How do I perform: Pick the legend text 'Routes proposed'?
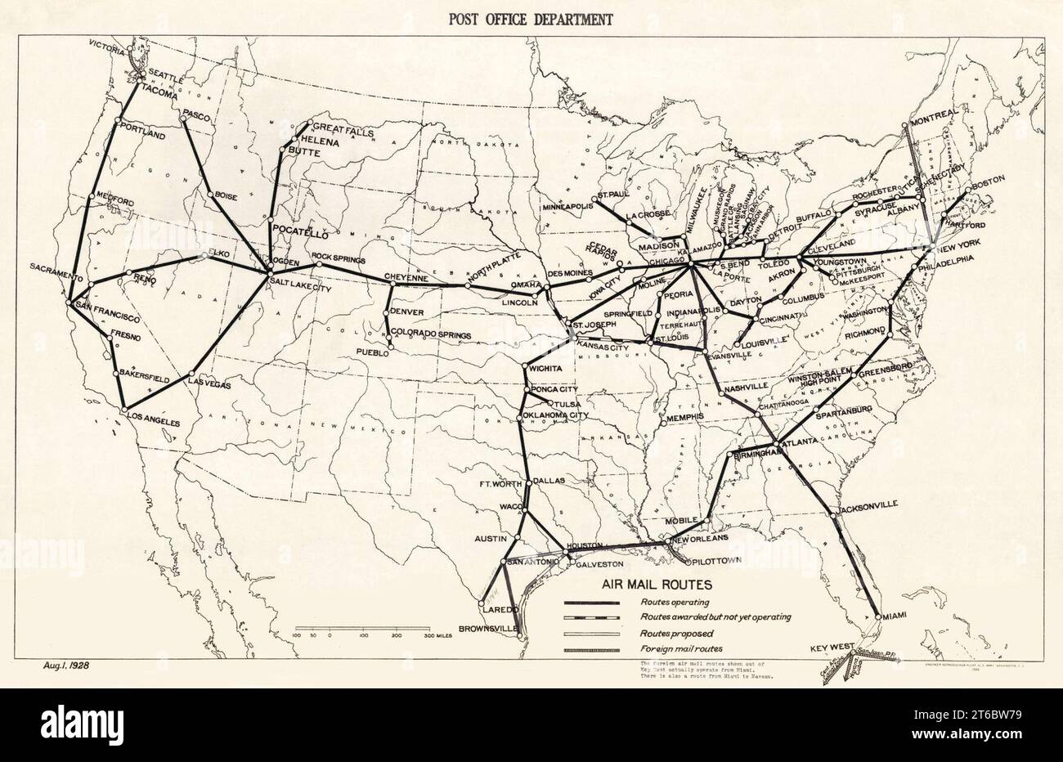pos(677,633)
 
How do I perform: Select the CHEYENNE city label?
pos(406,278)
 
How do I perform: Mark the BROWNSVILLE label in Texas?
pos(489,628)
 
